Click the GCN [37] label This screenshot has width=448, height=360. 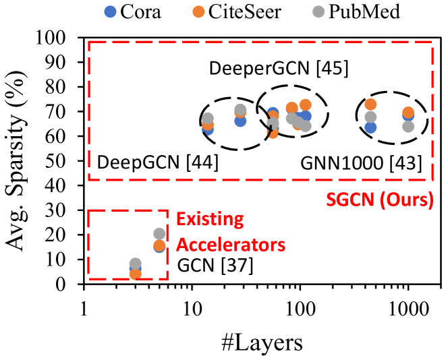215,266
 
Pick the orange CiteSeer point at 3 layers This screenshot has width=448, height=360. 136,274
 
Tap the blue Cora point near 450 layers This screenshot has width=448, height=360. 370,127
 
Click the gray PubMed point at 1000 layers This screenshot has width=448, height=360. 408,126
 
